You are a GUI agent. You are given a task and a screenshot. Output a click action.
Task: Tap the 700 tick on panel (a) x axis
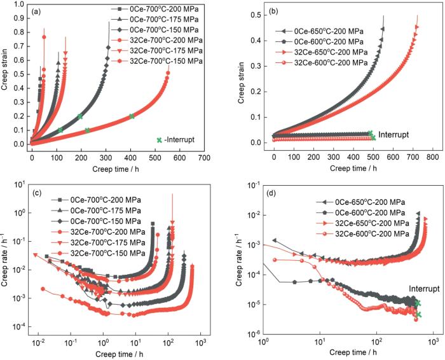coord(203,155)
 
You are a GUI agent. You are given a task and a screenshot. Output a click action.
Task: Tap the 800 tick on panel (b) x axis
coord(432,156)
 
